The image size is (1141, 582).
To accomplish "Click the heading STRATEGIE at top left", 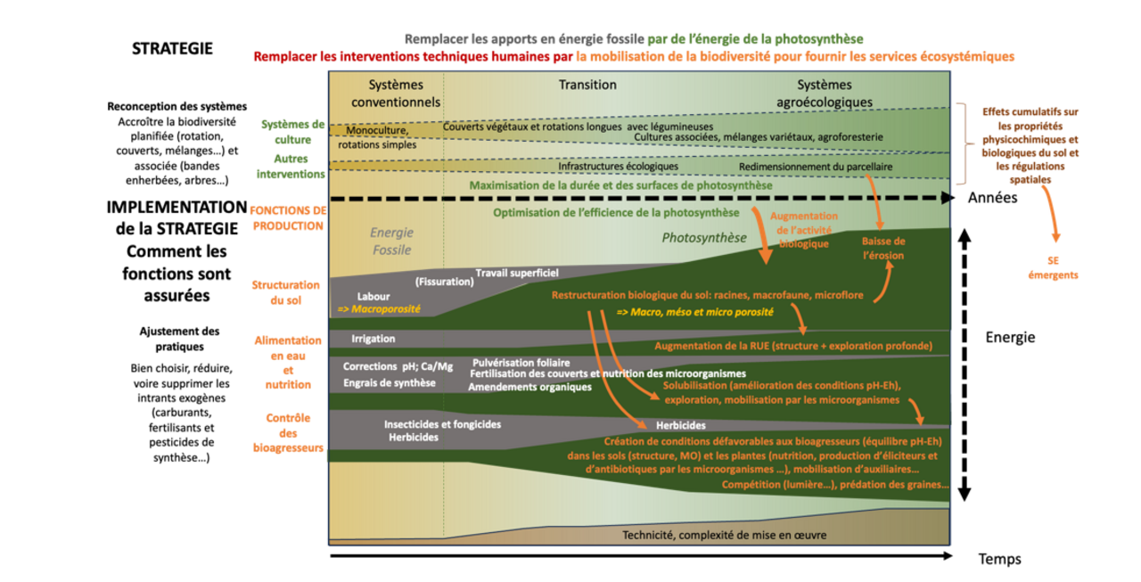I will tap(172, 48).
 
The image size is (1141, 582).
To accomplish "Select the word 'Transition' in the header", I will tap(587, 86).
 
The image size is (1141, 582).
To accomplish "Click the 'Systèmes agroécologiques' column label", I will tap(824, 94).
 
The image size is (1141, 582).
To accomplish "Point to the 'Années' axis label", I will tap(992, 198).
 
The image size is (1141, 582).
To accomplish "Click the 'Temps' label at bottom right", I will tap(999, 559).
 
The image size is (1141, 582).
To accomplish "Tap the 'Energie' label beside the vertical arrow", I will tap(1010, 338).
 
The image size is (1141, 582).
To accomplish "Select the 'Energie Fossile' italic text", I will tap(391, 240).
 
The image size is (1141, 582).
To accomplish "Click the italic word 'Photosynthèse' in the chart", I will tap(703, 238).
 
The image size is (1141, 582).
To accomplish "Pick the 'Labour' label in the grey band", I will tap(373, 296).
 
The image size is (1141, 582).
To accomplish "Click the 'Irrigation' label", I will tap(373, 339).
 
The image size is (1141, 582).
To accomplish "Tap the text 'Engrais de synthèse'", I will tap(389, 382).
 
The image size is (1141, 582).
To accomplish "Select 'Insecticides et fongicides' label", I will tap(442, 424).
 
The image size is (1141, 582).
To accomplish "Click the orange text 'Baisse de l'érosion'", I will tap(882, 248).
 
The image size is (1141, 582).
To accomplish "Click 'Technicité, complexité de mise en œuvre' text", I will tap(724, 535).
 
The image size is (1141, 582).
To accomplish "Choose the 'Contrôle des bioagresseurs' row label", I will tap(288, 432).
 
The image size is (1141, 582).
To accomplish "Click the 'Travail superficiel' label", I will tap(517, 273).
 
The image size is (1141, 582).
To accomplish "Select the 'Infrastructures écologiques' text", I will tap(618, 167).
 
